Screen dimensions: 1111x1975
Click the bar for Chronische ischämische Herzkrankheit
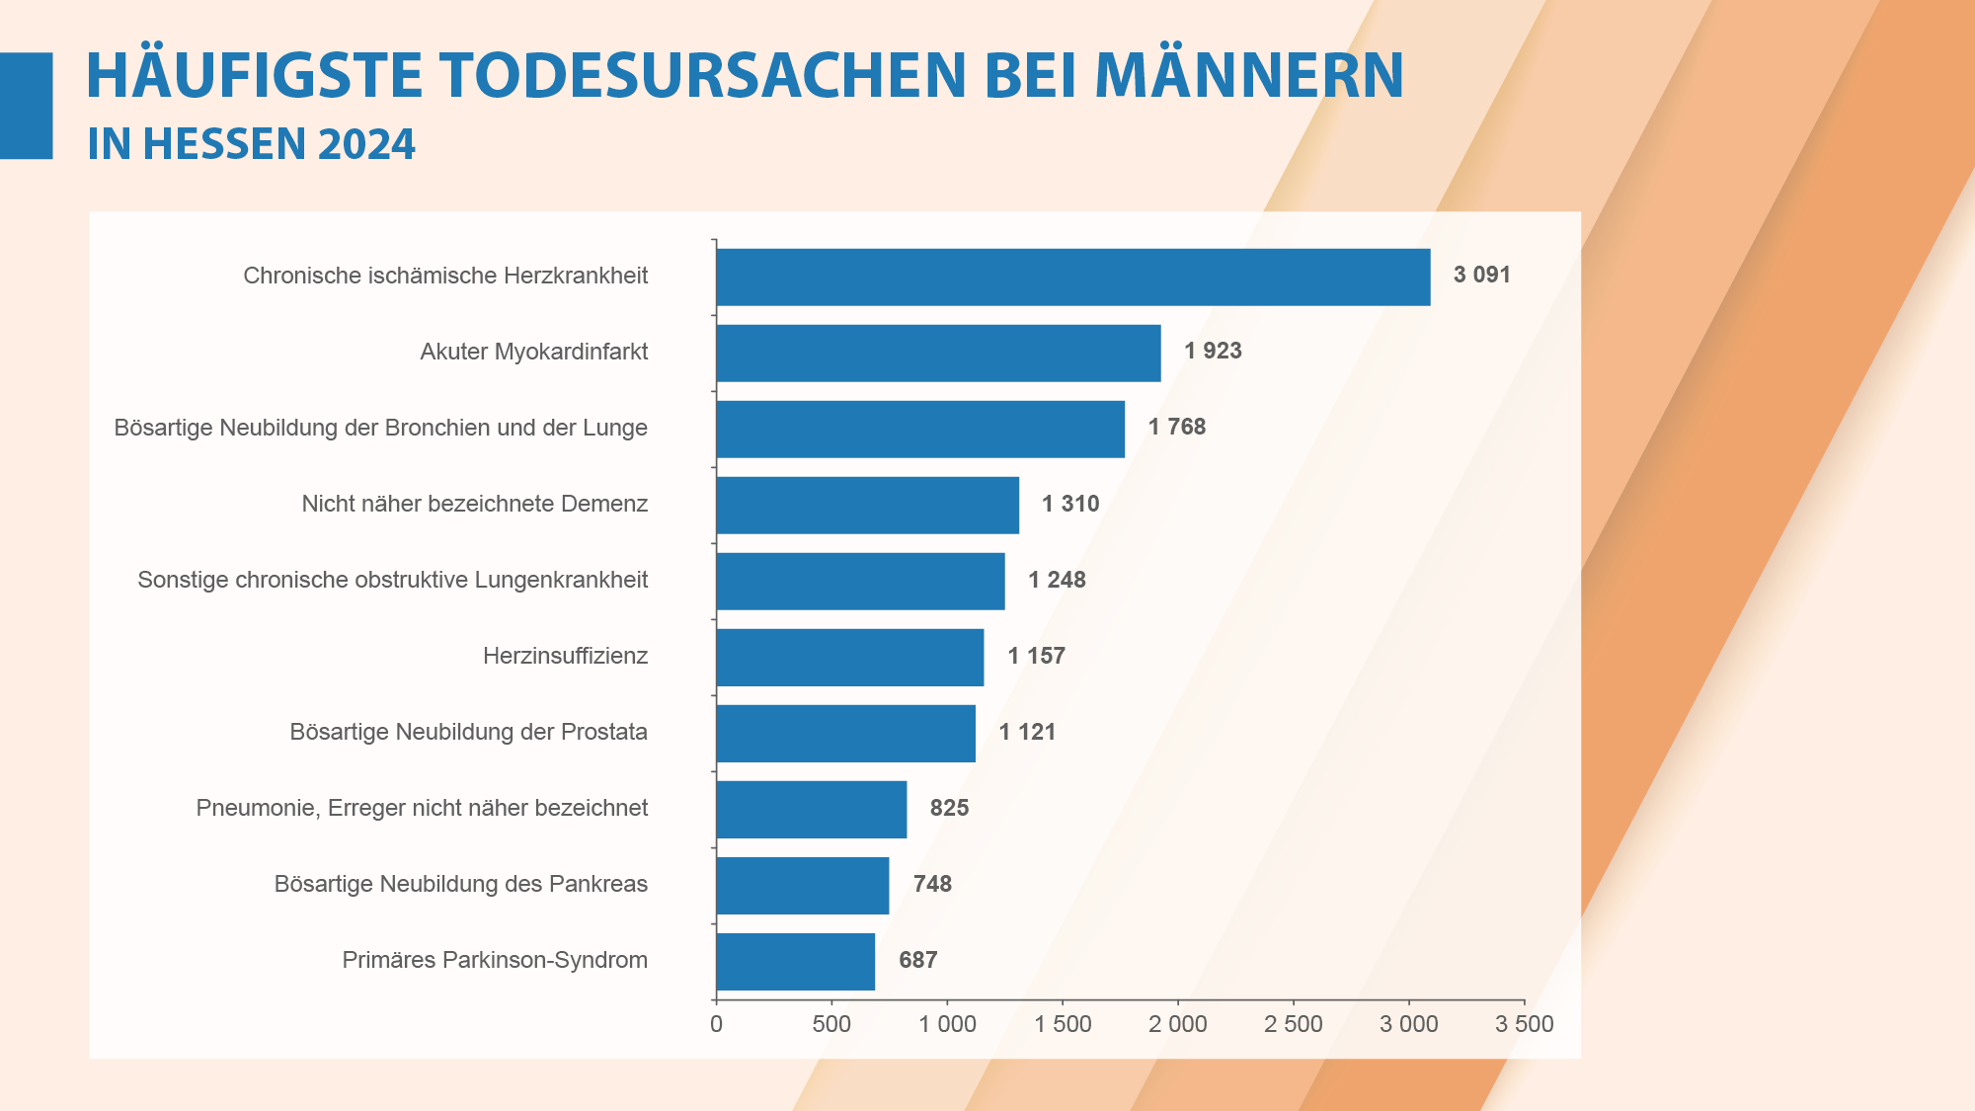1072,277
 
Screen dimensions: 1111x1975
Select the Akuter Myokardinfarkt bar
938,353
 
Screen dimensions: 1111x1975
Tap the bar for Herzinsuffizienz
849,657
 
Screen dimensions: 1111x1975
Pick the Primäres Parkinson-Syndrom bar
795,961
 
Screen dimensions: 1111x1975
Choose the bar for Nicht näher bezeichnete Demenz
867,505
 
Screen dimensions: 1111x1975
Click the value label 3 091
1481,275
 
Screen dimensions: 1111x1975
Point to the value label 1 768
1176,427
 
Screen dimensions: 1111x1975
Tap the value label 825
949,808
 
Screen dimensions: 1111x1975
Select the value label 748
932,884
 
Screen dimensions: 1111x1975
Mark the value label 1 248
1057,580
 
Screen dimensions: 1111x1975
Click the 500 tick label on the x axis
831,1024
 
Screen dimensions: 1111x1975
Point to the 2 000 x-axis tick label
1177,1024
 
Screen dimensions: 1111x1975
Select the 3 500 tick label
1524,1024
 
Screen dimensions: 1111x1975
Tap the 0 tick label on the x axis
716,1024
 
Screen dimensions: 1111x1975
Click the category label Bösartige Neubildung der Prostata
468,732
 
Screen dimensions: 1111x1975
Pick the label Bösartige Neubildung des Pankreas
460,884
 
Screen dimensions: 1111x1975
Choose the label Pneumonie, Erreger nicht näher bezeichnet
422,808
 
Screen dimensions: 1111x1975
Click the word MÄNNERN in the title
1248,75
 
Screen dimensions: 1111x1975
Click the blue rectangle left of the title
26,106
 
